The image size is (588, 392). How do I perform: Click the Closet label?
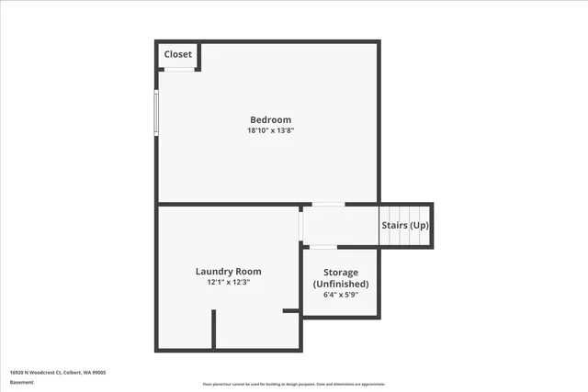(x=178, y=54)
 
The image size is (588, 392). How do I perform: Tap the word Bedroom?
(x=271, y=119)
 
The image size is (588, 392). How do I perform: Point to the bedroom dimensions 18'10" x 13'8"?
(x=271, y=130)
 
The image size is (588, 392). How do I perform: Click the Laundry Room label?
(x=228, y=271)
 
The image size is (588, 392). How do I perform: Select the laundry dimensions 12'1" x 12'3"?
(x=228, y=282)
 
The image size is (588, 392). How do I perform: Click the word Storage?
(x=341, y=273)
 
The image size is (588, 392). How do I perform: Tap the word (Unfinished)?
(x=341, y=284)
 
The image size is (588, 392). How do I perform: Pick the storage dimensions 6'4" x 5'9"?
(x=341, y=295)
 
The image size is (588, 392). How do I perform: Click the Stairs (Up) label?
(x=405, y=225)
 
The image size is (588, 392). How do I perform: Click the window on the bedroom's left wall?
(x=156, y=113)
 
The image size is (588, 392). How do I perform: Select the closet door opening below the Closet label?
(x=179, y=69)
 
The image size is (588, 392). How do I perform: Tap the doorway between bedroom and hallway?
(x=328, y=204)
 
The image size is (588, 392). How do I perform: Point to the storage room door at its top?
(x=322, y=246)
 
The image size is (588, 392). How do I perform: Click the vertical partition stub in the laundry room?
(x=214, y=329)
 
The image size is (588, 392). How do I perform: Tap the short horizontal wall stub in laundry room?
(x=291, y=311)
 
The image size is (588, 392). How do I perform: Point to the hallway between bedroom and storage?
(x=340, y=226)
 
